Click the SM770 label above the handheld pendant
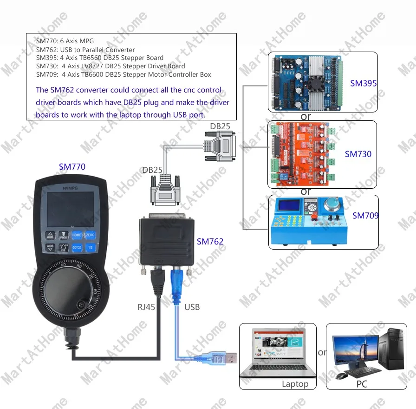pos(72,166)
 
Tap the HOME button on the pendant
pos(77,235)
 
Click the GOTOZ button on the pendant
pos(77,248)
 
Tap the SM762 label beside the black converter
pos(210,241)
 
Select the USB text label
pos(192,307)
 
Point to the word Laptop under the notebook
pos(295,384)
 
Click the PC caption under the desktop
pos(362,384)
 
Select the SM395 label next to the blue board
pos(364,84)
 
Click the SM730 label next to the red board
pos(358,154)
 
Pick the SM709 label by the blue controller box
pos(365,215)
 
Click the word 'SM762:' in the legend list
pos(47,50)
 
